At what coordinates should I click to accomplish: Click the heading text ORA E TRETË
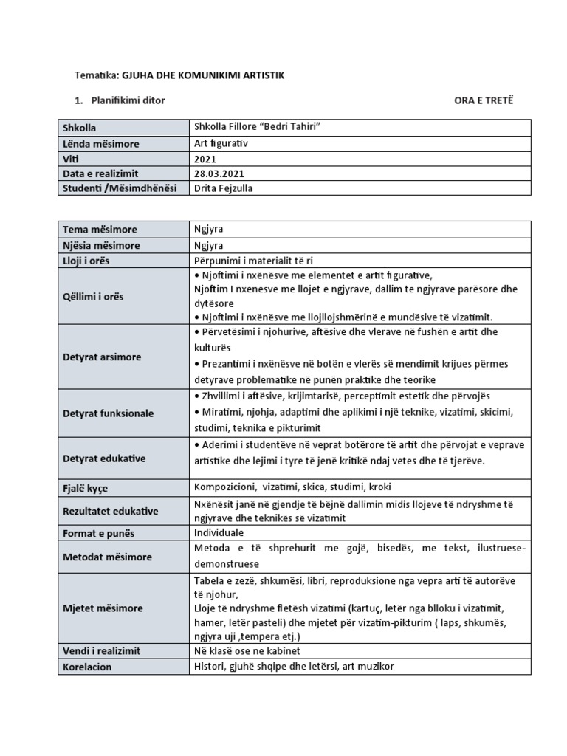(483, 100)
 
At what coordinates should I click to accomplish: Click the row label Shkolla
(79, 128)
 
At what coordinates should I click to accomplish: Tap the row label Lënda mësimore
(100, 143)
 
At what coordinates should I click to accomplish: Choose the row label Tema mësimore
(100, 230)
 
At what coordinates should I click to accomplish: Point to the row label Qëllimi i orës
(93, 296)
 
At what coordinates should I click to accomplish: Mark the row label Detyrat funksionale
(108, 413)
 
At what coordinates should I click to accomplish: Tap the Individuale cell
(219, 532)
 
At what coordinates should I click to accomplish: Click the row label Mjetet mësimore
(103, 608)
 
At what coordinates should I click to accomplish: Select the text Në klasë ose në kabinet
(248, 651)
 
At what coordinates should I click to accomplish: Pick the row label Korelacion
(87, 666)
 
